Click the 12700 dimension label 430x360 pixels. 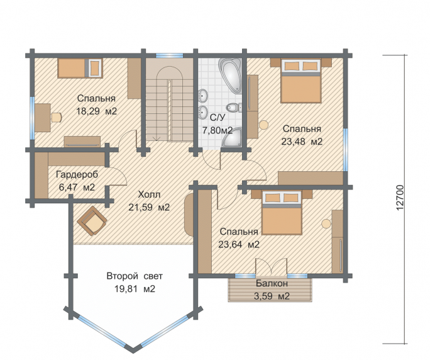click(400, 198)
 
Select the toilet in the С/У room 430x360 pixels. click(234, 108)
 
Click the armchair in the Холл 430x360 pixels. click(92, 221)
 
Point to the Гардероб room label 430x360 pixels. click(77, 174)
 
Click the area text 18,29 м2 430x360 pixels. click(97, 111)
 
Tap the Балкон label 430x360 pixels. click(272, 283)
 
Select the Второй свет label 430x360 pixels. click(135, 276)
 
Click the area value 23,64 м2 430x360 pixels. click(239, 244)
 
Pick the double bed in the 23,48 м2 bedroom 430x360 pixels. click(301, 81)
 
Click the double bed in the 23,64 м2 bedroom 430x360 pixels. click(282, 213)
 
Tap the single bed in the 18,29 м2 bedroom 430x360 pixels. click(80, 68)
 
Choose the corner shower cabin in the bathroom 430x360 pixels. click(232, 137)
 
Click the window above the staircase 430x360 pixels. click(170, 55)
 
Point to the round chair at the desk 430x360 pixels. click(57, 117)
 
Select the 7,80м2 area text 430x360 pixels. click(217, 130)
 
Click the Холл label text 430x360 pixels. click(149, 194)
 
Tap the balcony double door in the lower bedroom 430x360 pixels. click(272, 266)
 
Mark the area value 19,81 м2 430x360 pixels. click(135, 289)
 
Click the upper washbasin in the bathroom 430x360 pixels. click(203, 96)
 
